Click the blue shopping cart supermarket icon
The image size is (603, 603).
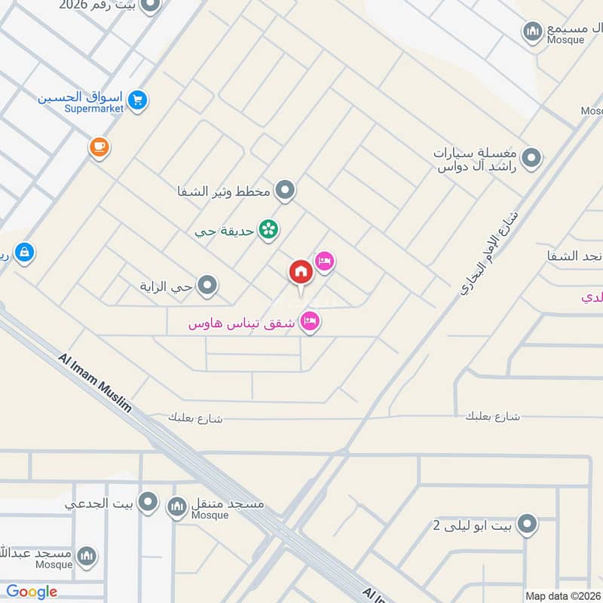[137, 99]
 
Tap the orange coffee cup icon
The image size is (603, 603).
[99, 147]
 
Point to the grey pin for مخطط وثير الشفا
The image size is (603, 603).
[284, 191]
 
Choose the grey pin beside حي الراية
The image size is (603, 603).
[207, 286]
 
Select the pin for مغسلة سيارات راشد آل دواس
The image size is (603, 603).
[532, 158]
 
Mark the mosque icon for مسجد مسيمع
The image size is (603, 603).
[533, 31]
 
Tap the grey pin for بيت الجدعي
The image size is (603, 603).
[148, 501]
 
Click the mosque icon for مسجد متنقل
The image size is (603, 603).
[177, 506]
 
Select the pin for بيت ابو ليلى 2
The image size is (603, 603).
[527, 524]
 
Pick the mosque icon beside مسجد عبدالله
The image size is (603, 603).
[87, 556]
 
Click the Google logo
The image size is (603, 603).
[32, 592]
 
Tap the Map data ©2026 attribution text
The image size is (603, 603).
[563, 596]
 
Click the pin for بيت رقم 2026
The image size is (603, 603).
[150, 6]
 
